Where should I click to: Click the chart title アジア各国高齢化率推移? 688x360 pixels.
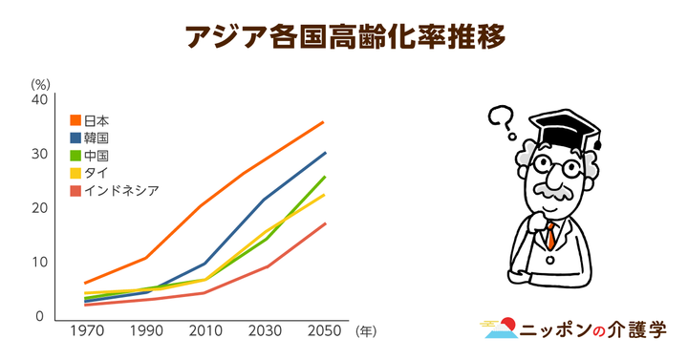pyautogui.click(x=344, y=36)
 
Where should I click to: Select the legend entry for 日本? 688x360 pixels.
pyautogui.click(x=91, y=121)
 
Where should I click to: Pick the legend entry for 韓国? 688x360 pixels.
pyautogui.click(x=91, y=138)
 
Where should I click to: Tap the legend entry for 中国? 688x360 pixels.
pyautogui.click(x=91, y=156)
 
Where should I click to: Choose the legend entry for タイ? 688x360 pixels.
pyautogui.click(x=91, y=173)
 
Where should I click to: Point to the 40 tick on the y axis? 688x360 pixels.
pyautogui.click(x=38, y=99)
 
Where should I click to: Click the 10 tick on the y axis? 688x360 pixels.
pyautogui.click(x=38, y=263)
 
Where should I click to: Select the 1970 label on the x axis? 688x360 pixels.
pyautogui.click(x=87, y=331)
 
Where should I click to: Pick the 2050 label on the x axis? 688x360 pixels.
pyautogui.click(x=325, y=331)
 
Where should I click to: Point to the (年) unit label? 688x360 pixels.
pyautogui.click(x=367, y=332)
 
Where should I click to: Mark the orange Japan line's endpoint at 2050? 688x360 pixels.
pyautogui.click(x=324, y=122)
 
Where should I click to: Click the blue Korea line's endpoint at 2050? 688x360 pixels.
pyautogui.click(x=325, y=153)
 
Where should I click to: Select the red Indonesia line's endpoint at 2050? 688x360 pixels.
pyautogui.click(x=325, y=223)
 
